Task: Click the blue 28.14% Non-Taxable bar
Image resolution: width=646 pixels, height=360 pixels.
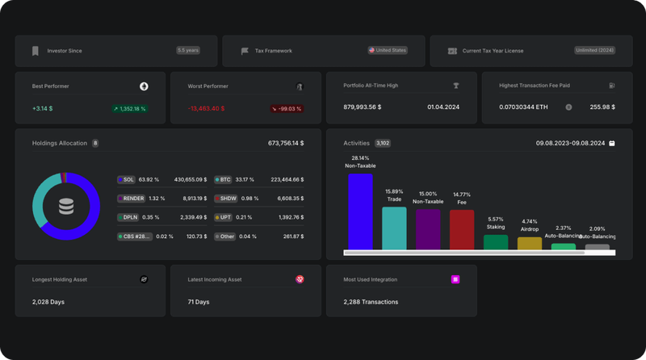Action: point(360,211)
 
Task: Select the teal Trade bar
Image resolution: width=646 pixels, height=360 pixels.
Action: point(394,228)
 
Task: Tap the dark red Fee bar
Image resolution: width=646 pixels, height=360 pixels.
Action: point(461,229)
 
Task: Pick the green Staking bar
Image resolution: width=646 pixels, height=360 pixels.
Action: point(495,242)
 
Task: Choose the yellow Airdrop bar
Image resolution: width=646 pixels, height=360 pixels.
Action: point(529,243)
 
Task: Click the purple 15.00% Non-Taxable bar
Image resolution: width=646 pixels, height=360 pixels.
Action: point(428,229)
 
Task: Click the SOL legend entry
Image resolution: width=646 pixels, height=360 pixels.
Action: point(125,179)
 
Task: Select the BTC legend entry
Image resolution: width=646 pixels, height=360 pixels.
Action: point(223,179)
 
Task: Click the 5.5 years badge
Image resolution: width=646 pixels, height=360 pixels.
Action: point(188,50)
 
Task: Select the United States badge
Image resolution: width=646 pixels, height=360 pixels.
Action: point(388,50)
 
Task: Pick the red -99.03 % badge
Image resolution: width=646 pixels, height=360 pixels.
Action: point(287,108)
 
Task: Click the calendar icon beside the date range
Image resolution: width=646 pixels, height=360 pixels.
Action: point(611,143)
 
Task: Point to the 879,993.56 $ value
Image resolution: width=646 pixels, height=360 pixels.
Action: point(363,107)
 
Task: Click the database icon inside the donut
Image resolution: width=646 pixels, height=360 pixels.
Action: point(66,207)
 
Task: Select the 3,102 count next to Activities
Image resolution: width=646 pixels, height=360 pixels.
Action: point(383,143)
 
